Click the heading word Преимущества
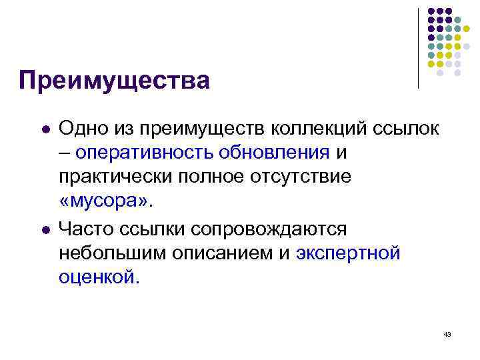pos(114,81)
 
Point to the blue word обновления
pos(272,153)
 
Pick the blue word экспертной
pos(348,253)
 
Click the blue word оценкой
pos(100,277)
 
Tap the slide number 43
pos(447,334)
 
